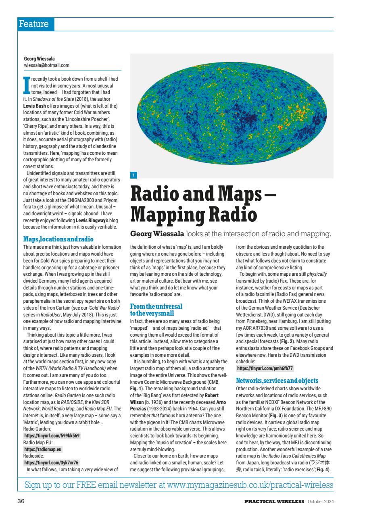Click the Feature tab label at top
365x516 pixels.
coord(34,24)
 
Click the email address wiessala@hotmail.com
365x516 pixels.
coord(46,65)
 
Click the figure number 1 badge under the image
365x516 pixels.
coord(134,175)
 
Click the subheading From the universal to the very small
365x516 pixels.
coord(156,310)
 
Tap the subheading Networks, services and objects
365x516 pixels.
coord(277,381)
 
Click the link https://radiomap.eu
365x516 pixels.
coord(43,449)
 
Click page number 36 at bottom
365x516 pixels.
coord(21,501)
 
